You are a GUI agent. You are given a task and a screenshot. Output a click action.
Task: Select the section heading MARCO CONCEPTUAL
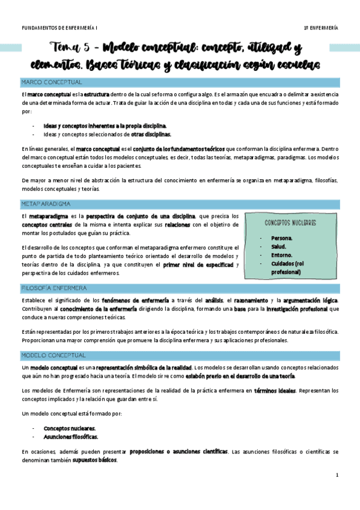point(52,82)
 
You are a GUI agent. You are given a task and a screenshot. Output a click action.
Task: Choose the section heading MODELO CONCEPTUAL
point(54,355)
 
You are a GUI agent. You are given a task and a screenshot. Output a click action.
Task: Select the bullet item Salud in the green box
point(279,247)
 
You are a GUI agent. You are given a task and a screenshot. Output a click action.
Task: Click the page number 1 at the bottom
point(337,475)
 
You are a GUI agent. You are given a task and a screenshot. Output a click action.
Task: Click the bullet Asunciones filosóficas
point(71,437)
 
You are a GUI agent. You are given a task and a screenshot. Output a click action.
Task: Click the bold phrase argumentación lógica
point(307,300)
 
